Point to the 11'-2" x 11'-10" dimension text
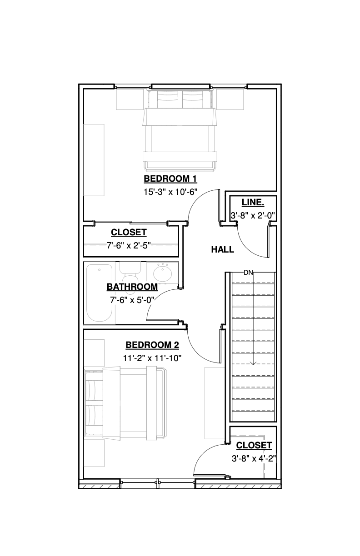click(152, 358)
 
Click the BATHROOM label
click(132, 287)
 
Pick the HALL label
click(222, 249)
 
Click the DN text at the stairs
click(248, 273)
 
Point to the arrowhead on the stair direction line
click(253, 362)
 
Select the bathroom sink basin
click(162, 273)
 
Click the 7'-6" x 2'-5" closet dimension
click(129, 246)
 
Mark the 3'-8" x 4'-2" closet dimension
click(254, 458)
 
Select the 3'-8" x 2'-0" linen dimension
click(253, 215)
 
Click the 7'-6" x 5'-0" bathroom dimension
click(132, 300)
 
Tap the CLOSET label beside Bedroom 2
click(254, 445)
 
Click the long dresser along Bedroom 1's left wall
click(94, 160)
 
